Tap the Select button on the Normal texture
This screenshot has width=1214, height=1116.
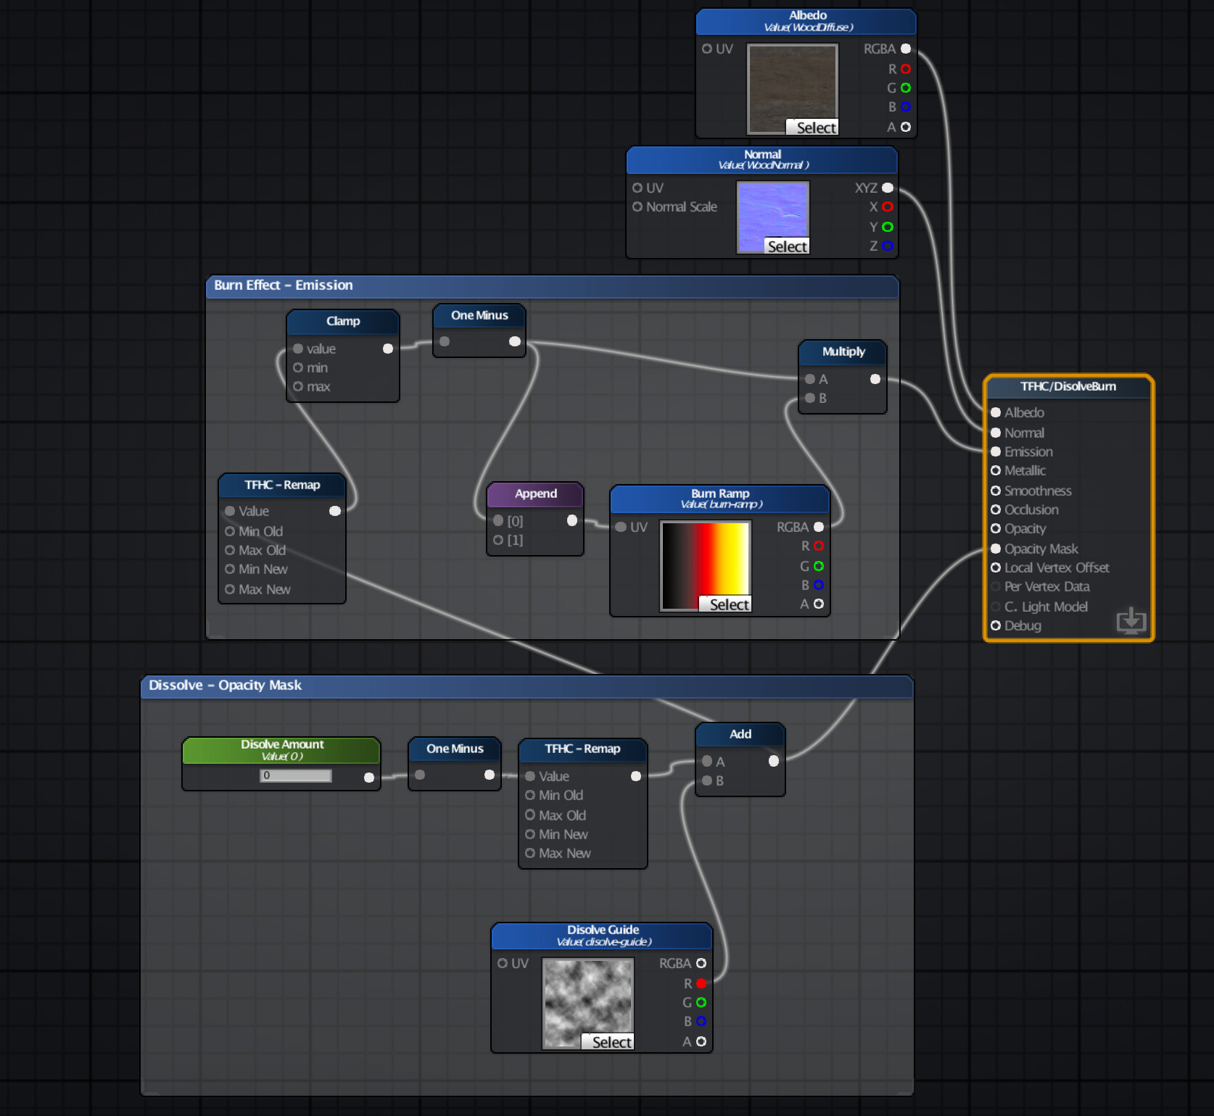tap(787, 246)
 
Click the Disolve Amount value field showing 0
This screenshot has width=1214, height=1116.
tap(296, 775)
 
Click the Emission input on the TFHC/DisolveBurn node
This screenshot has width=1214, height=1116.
tap(996, 451)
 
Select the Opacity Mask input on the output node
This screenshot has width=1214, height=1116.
tap(996, 549)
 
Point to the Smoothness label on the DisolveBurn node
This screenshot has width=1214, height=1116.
tap(1038, 491)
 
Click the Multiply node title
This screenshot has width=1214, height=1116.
tap(843, 351)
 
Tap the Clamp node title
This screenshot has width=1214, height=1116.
tap(343, 321)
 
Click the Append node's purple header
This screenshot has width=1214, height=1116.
tap(536, 494)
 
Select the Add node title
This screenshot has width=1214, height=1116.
tap(740, 734)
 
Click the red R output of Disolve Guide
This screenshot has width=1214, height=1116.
tap(701, 983)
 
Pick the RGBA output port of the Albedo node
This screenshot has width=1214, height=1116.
tap(906, 49)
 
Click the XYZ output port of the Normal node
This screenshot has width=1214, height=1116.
tap(888, 188)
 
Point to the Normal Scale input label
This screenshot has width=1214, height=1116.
tap(681, 207)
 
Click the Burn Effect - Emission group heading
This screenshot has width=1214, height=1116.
tap(284, 286)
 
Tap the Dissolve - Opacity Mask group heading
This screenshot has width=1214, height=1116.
tap(226, 686)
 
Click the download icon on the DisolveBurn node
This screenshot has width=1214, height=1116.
tap(1131, 620)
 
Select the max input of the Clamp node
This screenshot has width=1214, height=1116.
tap(298, 386)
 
